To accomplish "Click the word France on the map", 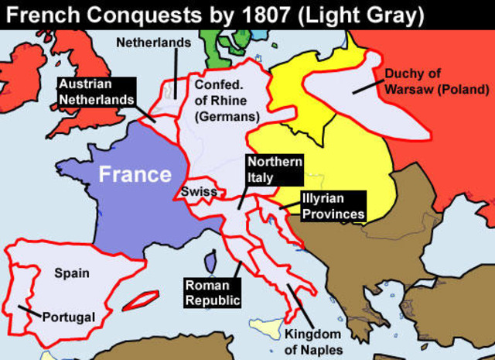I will coord(135,173).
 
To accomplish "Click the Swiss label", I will coord(200,190).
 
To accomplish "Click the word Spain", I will coord(72,273).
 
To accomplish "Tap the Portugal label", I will coord(69,317).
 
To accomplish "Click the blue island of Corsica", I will coord(210,263).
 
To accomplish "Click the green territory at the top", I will coord(221,43).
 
